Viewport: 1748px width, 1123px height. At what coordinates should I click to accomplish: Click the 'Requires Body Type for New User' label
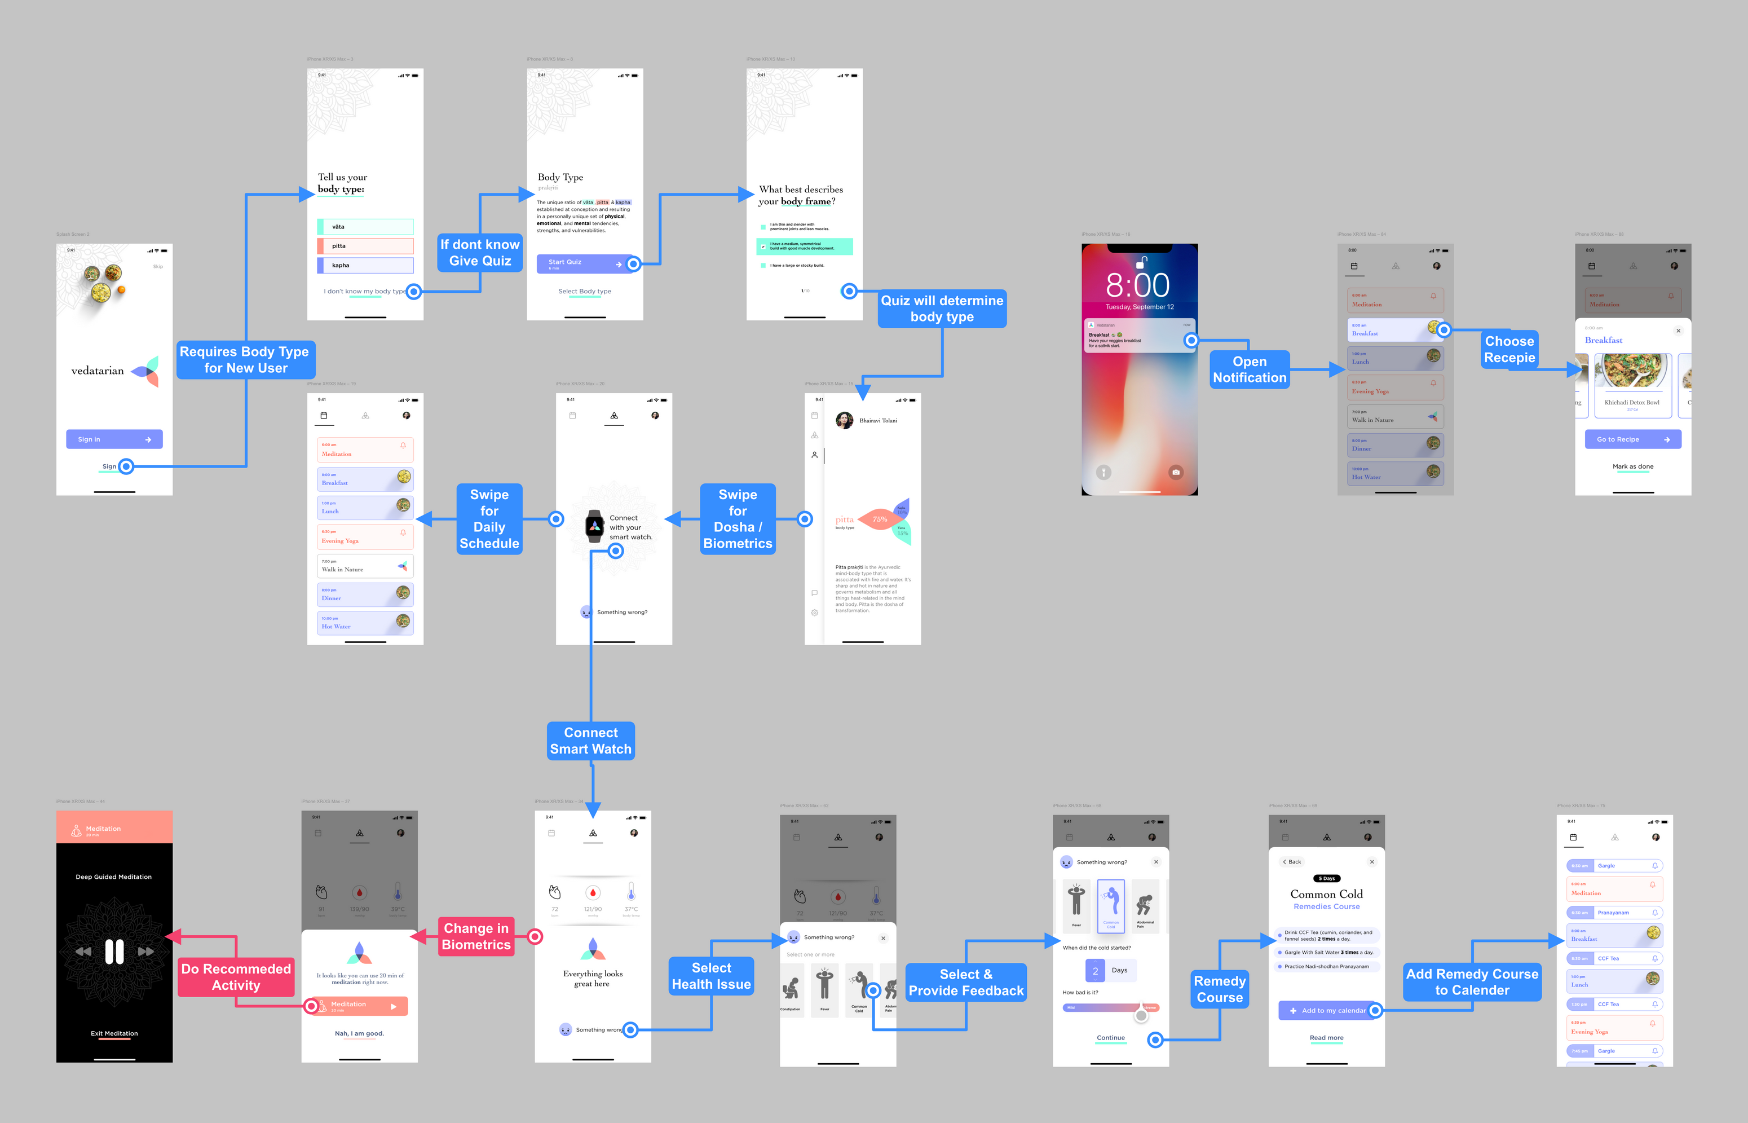pos(245,359)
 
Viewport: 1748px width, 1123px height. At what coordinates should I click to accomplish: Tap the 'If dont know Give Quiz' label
pos(480,252)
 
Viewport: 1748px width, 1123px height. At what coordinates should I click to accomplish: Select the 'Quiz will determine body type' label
pos(942,309)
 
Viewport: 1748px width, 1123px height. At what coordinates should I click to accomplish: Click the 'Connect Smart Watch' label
pos(590,741)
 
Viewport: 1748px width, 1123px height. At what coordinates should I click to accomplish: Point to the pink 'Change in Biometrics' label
pos(476,936)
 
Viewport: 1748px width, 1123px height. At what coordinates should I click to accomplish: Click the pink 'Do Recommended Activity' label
pos(236,976)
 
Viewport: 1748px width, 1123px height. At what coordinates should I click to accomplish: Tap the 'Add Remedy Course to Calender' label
pos(1472,981)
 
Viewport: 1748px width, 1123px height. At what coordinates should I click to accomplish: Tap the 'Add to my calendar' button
pos(1326,1011)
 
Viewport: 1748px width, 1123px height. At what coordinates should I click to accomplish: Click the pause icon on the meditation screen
pos(114,952)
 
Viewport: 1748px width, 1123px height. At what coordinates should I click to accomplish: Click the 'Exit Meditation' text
pos(114,1033)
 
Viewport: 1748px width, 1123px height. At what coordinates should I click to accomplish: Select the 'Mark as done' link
pos(1633,466)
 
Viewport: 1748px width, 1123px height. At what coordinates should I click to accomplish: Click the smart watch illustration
pos(595,526)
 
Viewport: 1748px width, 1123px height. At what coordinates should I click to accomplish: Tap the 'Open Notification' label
pos(1250,369)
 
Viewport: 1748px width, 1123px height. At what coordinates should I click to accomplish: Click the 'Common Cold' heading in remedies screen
pos(1326,894)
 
